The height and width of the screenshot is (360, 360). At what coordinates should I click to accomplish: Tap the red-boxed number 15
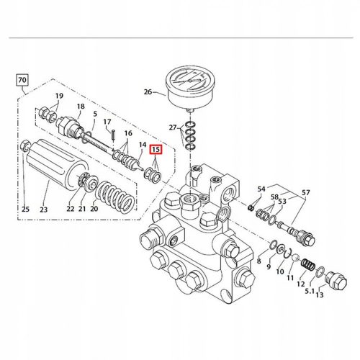tap(156, 150)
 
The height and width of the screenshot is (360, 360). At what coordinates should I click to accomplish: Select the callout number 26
tap(148, 91)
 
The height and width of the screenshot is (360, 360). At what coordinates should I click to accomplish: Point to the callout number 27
tap(173, 127)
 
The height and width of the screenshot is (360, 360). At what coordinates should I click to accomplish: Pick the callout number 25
tap(24, 210)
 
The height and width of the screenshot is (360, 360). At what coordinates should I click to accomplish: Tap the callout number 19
tap(59, 96)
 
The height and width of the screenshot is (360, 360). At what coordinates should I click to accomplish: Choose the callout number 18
tap(81, 105)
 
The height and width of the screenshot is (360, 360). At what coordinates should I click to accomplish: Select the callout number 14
tap(143, 145)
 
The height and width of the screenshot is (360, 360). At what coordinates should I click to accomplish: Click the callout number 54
tap(261, 188)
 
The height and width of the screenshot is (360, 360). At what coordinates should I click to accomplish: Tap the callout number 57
tap(307, 193)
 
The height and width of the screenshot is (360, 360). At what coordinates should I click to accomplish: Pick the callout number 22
tap(71, 210)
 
